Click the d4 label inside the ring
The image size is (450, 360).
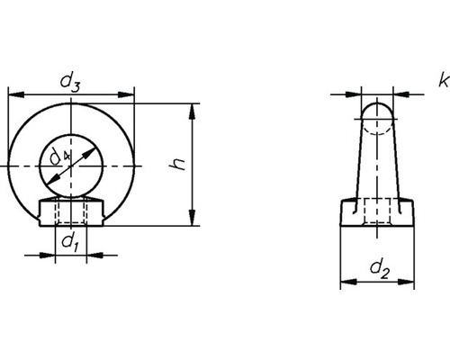click(x=58, y=159)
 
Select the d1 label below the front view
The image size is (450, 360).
click(x=69, y=240)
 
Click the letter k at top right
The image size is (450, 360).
click(x=442, y=81)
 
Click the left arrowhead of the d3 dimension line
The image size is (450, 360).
click(x=12, y=92)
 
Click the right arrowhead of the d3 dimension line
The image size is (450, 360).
click(x=129, y=92)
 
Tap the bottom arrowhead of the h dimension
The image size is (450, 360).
click(x=192, y=221)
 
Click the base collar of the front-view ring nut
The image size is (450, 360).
click(x=70, y=213)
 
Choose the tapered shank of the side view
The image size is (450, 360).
click(x=376, y=162)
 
